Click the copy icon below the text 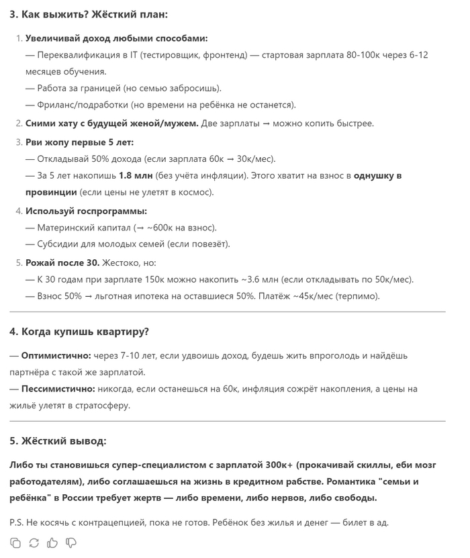[15, 543]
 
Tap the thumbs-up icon [52, 543]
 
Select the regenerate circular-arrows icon [34, 543]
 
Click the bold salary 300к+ [275, 464]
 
